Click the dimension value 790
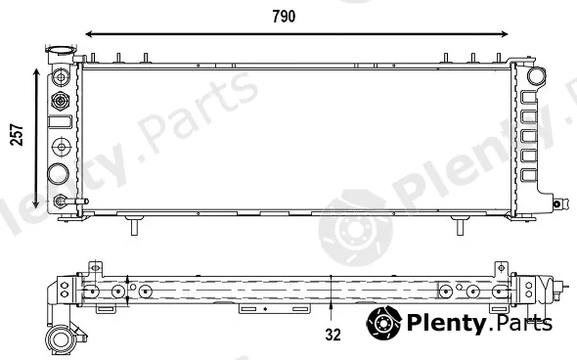pyautogui.click(x=284, y=17)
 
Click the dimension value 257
pyautogui.click(x=17, y=135)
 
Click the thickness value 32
pyautogui.click(x=333, y=335)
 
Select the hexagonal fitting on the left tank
pyautogui.click(x=61, y=101)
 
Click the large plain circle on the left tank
pyautogui.click(x=58, y=174)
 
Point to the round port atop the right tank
pyautogui.click(x=537, y=76)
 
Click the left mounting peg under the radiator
pyautogui.click(x=134, y=225)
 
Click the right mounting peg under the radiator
pyautogui.click(x=460, y=225)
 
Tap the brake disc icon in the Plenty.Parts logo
pyautogui.click(x=383, y=323)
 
